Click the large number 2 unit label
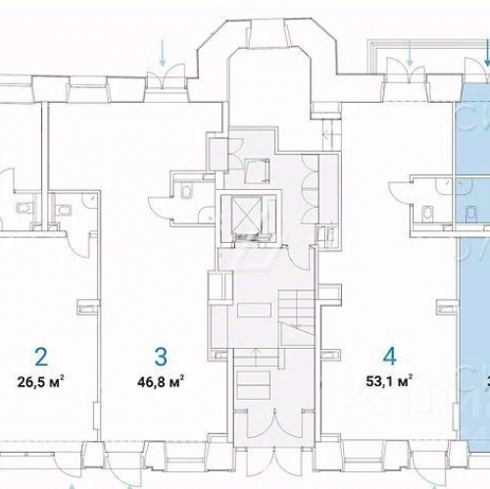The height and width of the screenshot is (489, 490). click(41, 355)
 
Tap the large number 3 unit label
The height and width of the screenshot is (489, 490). click(161, 355)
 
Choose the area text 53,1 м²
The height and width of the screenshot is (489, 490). click(389, 380)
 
